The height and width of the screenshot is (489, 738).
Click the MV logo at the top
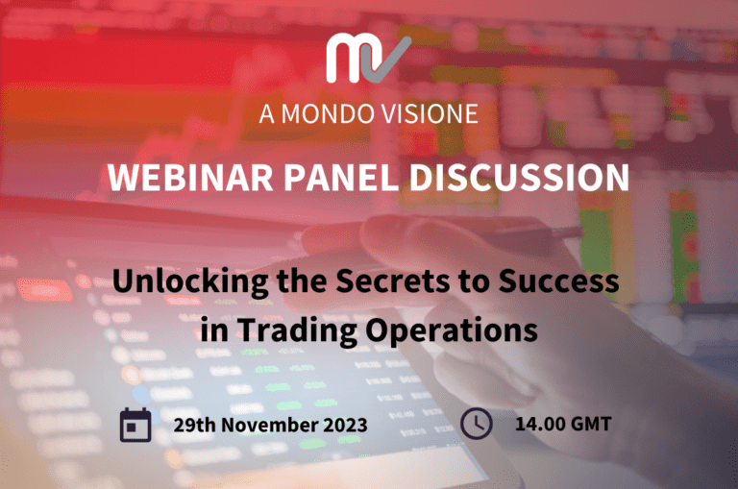click(369, 59)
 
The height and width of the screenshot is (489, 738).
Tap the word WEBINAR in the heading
click(190, 178)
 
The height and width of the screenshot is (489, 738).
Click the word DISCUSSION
click(520, 178)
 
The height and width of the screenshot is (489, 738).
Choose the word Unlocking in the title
click(190, 281)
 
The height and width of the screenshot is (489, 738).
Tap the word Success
click(558, 281)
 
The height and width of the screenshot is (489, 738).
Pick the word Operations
click(452, 330)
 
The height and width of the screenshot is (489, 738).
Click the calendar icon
click(135, 425)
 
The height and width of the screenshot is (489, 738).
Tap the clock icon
click(477, 424)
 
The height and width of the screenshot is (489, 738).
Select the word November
click(270, 425)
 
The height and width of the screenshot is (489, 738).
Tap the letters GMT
click(591, 424)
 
